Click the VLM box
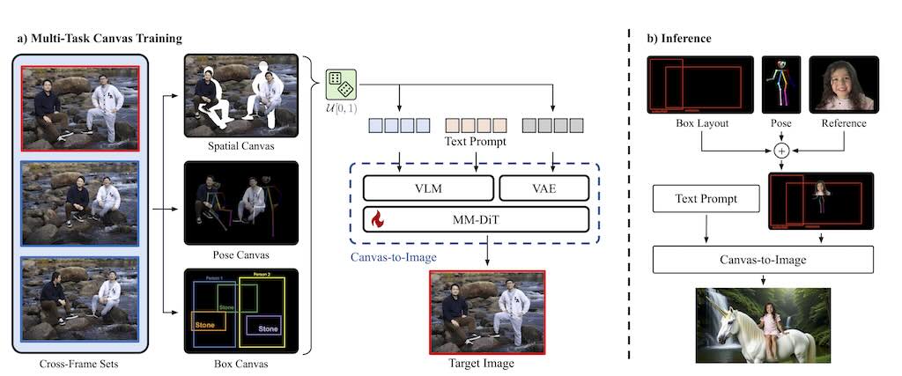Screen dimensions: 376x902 (427, 188)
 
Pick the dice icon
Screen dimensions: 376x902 (341, 84)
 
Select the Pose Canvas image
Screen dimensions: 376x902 (241, 203)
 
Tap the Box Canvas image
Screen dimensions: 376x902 (241, 311)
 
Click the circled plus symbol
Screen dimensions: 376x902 (780, 151)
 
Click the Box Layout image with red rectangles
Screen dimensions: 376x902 (700, 85)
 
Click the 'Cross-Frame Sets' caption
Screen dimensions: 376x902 (76, 363)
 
